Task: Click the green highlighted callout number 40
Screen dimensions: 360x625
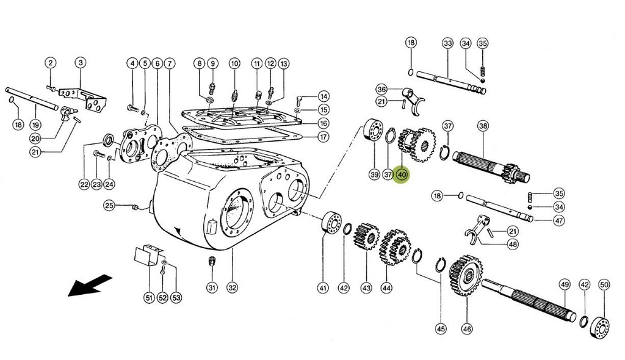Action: (402, 175)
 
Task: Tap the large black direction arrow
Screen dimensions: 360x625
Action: (89, 286)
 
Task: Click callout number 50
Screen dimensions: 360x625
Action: (604, 284)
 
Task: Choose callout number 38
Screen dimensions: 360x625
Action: (483, 126)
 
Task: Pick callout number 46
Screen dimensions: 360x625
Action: (467, 328)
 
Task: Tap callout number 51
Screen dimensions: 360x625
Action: (148, 298)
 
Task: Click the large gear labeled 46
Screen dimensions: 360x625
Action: (466, 276)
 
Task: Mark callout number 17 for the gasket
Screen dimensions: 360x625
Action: (323, 136)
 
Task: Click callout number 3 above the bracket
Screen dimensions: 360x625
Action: (80, 62)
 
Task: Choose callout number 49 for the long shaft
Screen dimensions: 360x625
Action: (565, 284)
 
